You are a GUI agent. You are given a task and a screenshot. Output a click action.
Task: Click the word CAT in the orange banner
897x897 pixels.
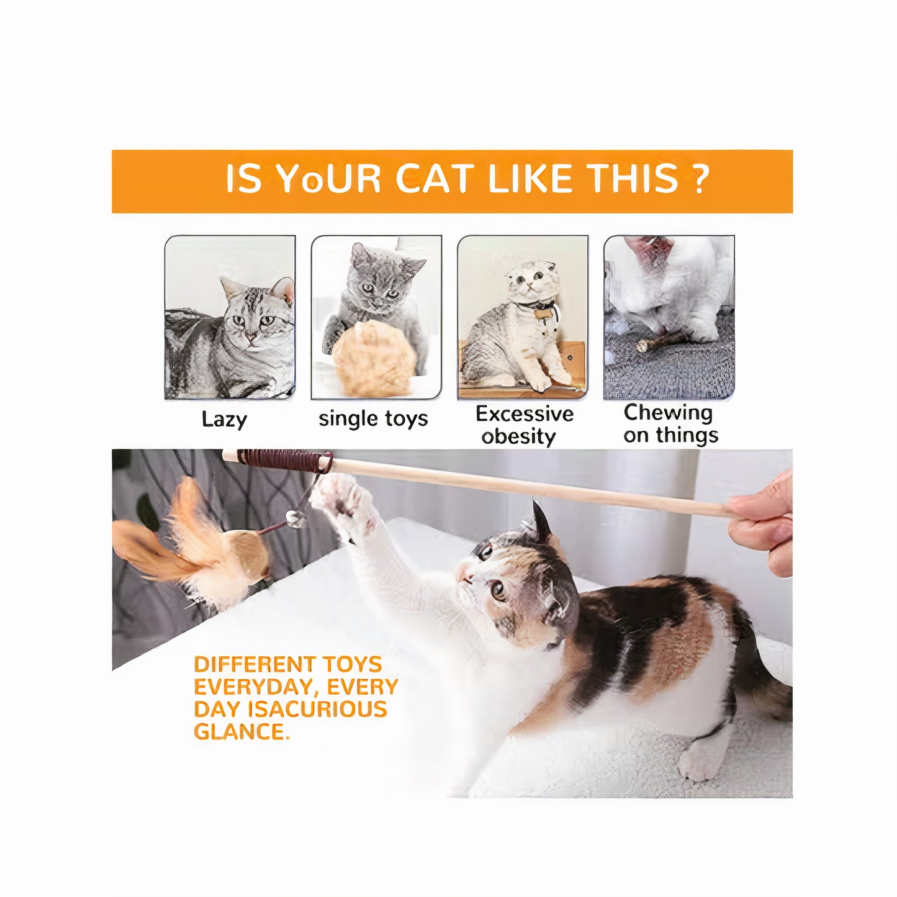click(434, 179)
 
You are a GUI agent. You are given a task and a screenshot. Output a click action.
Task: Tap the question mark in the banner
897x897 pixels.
click(700, 179)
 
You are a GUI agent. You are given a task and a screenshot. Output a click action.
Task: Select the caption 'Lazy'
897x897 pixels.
click(224, 420)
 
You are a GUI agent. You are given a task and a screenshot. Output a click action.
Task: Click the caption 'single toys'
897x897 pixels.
click(373, 419)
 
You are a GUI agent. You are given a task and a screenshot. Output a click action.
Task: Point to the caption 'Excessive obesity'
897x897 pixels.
click(524, 425)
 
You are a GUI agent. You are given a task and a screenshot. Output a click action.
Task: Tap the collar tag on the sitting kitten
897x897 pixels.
click(543, 313)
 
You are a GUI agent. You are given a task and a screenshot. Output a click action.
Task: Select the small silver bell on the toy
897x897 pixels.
click(296, 518)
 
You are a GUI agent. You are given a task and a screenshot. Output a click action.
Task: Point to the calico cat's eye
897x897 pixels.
click(498, 590)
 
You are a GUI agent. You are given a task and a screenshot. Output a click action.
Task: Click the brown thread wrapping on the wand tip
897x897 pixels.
click(282, 460)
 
